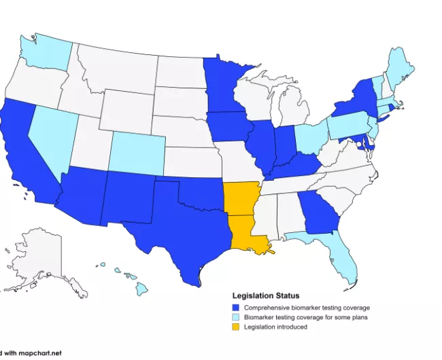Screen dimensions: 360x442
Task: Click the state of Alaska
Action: (x=41, y=262)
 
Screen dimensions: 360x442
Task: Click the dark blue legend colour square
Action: (x=236, y=308)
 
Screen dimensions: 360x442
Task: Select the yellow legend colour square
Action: (x=236, y=327)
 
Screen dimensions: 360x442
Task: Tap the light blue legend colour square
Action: (x=236, y=317)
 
